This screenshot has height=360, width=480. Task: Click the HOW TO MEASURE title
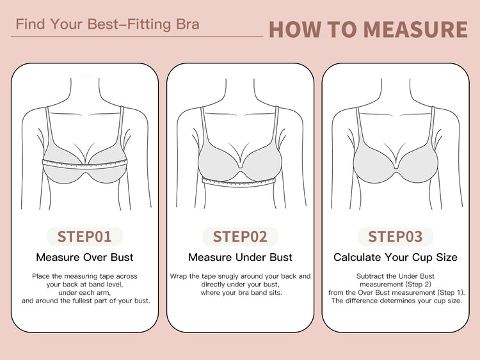[x=368, y=29]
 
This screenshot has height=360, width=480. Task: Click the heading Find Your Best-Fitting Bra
[x=108, y=24]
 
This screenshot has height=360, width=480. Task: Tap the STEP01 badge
[x=84, y=237]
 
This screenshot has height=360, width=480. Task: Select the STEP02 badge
[x=240, y=237]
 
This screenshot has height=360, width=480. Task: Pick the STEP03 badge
[x=396, y=237]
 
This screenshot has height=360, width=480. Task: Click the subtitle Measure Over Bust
[x=84, y=257]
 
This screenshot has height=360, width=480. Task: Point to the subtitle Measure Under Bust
[x=240, y=257]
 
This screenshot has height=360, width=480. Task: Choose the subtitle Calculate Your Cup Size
[x=396, y=257]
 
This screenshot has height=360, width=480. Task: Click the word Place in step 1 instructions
[x=41, y=276]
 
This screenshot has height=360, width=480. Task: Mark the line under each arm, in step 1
[x=84, y=293]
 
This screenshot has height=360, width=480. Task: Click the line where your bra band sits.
[x=241, y=293]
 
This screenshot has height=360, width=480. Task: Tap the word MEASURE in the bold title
[x=415, y=29]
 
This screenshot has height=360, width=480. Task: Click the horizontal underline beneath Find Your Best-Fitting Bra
[x=137, y=36]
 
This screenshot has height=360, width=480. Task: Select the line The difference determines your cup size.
[x=396, y=301]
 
